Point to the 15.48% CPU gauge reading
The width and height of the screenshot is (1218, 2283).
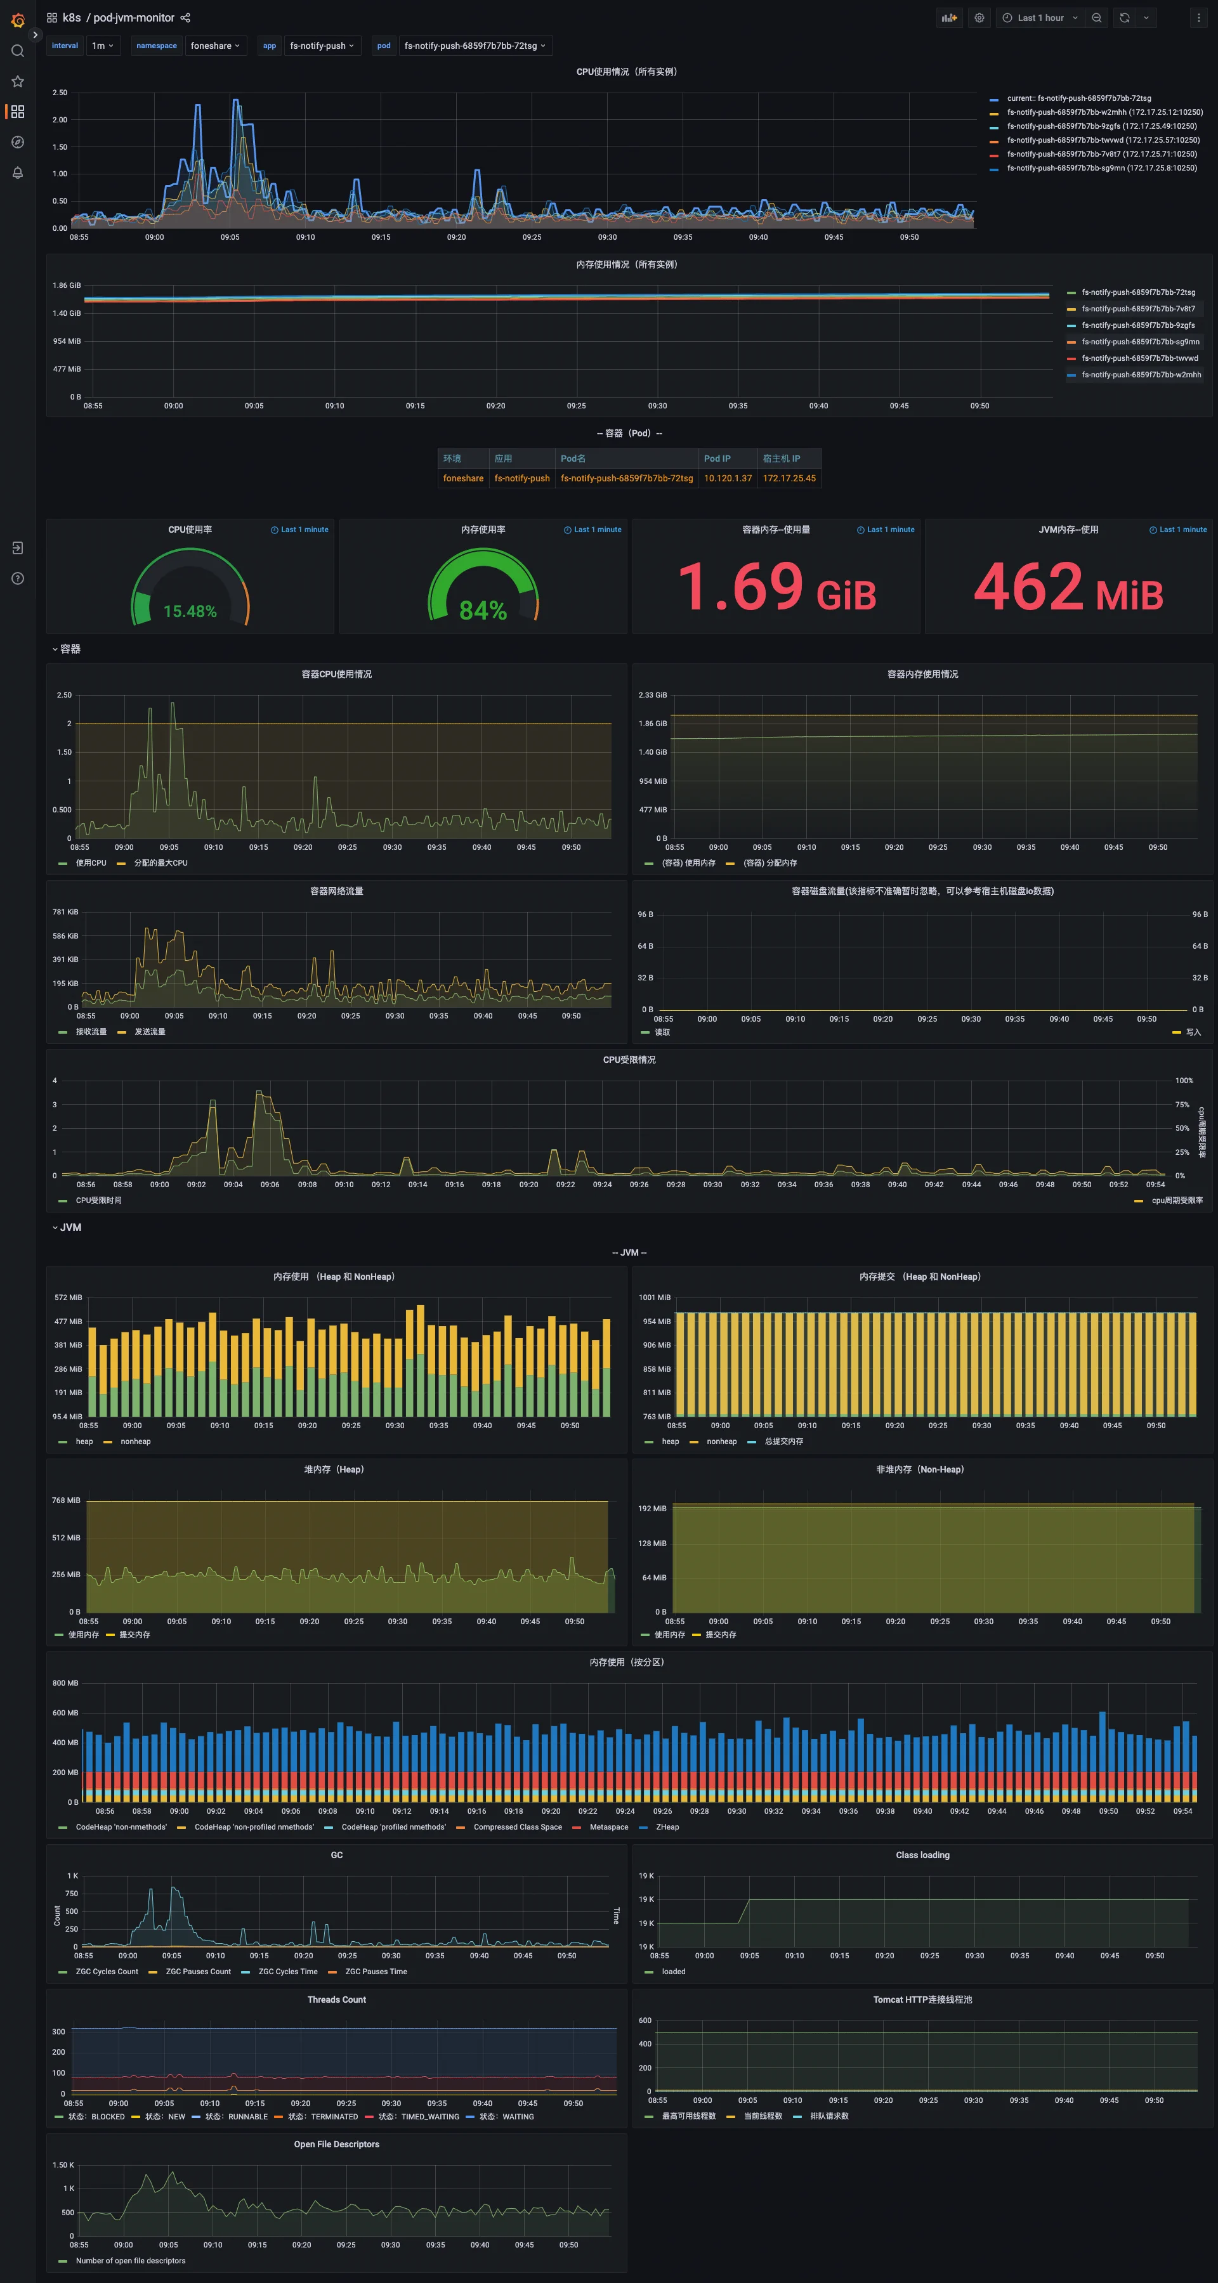click(190, 611)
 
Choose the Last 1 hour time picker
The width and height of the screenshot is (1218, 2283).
click(1040, 18)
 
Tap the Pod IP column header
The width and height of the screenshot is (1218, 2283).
click(717, 459)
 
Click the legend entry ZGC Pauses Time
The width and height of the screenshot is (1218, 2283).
click(376, 1972)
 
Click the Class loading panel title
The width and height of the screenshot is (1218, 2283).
click(922, 1856)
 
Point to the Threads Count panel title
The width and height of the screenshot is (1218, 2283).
click(336, 2000)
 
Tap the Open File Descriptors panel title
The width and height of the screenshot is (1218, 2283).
click(336, 2145)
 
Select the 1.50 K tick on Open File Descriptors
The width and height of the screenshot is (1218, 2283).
click(63, 2165)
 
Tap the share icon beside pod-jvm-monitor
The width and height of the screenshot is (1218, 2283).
click(185, 18)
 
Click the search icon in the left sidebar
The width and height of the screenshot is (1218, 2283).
click(17, 51)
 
